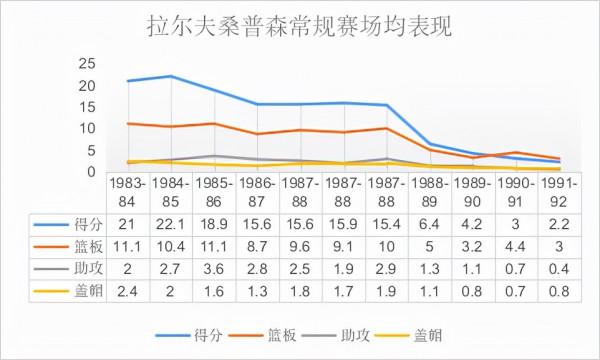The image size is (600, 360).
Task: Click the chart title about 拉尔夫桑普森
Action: tap(299, 25)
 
